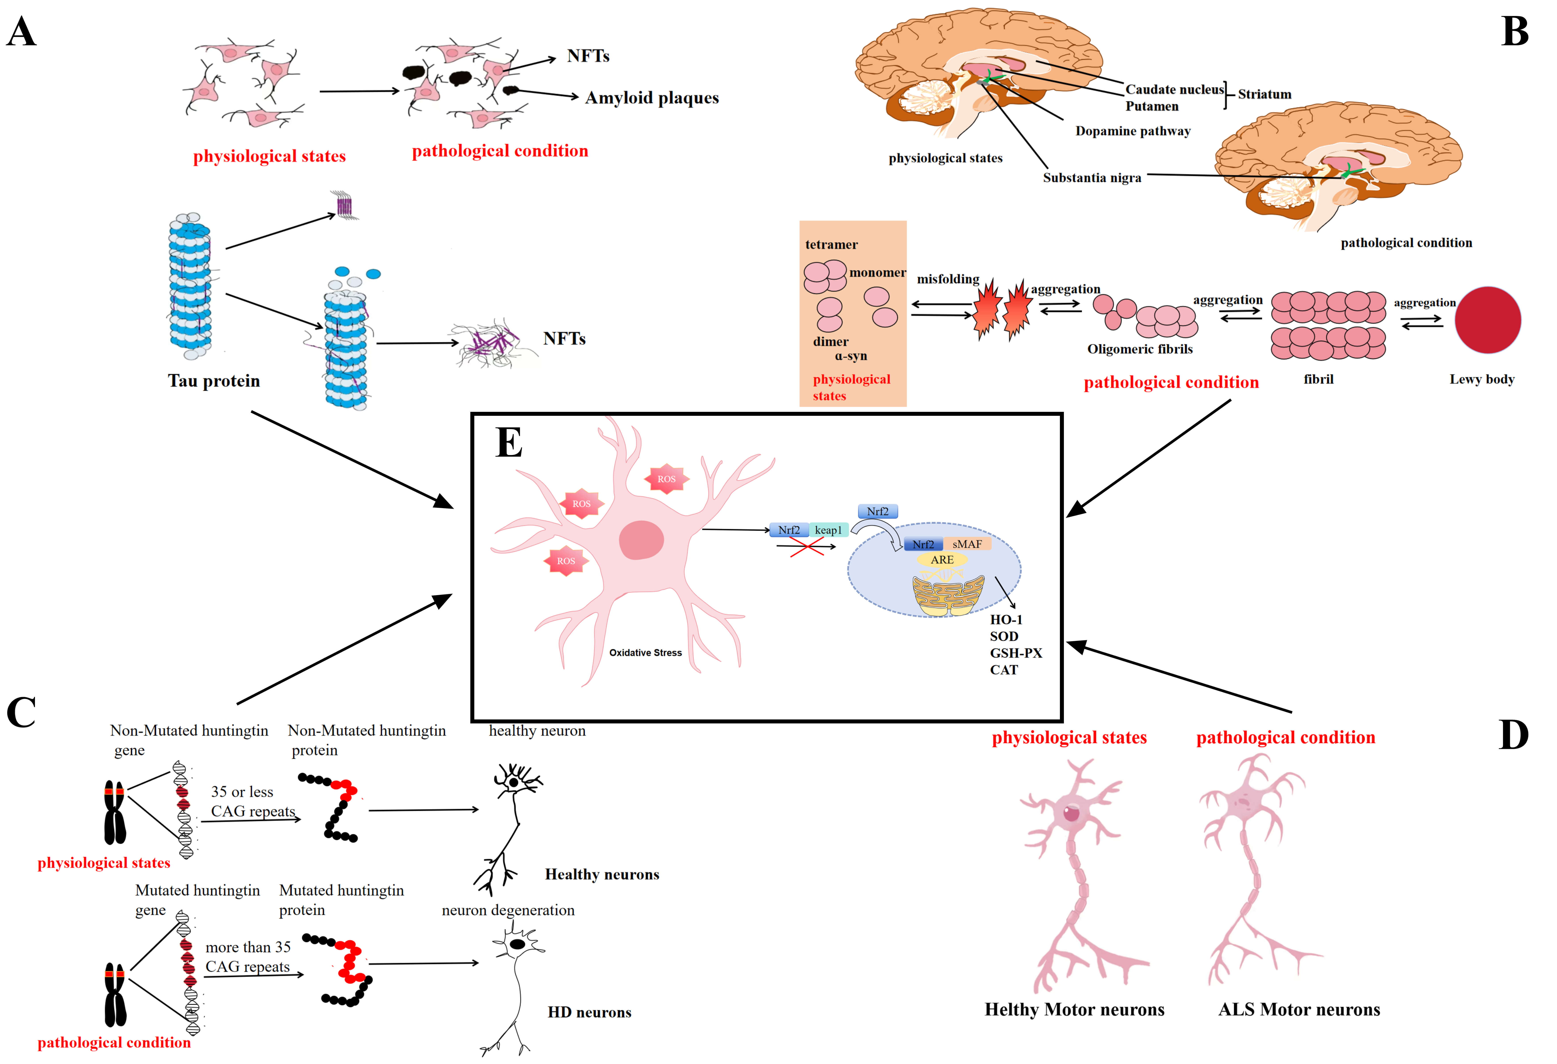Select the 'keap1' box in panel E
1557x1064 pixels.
point(828,530)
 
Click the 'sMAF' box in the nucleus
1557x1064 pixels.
point(967,544)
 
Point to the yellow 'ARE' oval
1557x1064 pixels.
point(942,559)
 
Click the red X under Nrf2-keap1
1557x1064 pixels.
point(807,547)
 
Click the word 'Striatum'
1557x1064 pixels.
point(1264,94)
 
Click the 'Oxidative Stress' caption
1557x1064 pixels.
point(645,653)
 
